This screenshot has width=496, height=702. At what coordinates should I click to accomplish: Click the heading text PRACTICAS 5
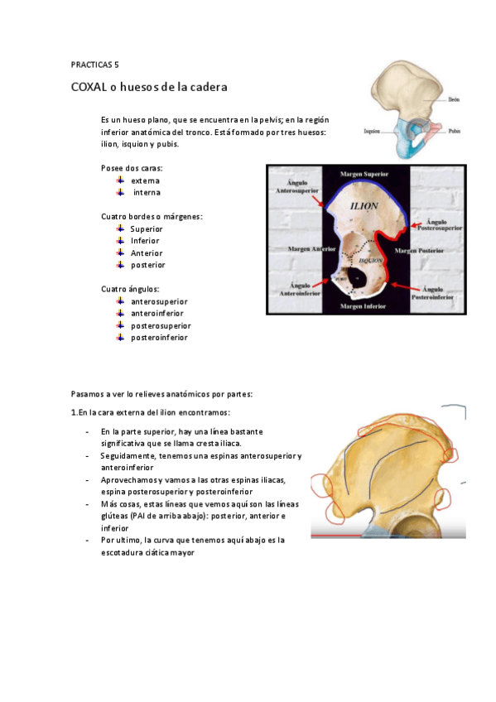point(96,64)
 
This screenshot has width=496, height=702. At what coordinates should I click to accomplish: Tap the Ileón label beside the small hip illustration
point(453,100)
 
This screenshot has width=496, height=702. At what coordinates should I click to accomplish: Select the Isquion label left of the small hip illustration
point(373,131)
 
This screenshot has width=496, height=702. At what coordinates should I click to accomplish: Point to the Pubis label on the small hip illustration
point(454,131)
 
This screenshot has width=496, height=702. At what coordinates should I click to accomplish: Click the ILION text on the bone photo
point(365,205)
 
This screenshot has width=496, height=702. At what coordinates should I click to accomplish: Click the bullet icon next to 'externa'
point(120,180)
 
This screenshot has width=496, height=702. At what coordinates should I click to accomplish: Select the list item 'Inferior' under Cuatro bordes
point(145,241)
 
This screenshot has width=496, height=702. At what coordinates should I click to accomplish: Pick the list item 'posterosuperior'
point(161,326)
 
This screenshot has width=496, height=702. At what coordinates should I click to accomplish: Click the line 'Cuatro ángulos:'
point(130,289)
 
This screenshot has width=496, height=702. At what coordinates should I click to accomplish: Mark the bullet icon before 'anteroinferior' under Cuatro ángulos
point(120,314)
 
